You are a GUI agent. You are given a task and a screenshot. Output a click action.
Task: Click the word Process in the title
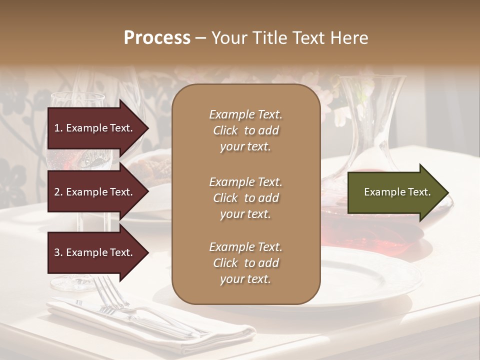pyautogui.click(x=157, y=38)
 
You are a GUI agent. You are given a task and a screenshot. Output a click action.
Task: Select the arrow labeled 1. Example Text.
pyautogui.click(x=95, y=128)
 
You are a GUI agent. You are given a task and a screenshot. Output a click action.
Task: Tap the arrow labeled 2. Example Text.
pyautogui.click(x=95, y=192)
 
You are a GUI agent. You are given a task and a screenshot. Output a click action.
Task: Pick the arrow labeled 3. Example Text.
pyautogui.click(x=95, y=252)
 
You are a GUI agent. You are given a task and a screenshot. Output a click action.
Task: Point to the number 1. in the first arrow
pyautogui.click(x=58, y=128)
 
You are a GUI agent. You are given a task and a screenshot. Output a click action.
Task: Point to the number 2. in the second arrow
pyautogui.click(x=58, y=192)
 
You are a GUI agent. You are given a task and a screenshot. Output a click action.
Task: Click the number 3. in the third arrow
pyautogui.click(x=58, y=252)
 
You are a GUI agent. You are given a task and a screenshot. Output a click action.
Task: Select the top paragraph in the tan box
pyautogui.click(x=245, y=130)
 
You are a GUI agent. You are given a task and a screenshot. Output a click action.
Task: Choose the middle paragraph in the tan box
pyautogui.click(x=245, y=198)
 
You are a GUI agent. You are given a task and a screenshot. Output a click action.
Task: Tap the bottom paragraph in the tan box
pyautogui.click(x=245, y=263)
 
